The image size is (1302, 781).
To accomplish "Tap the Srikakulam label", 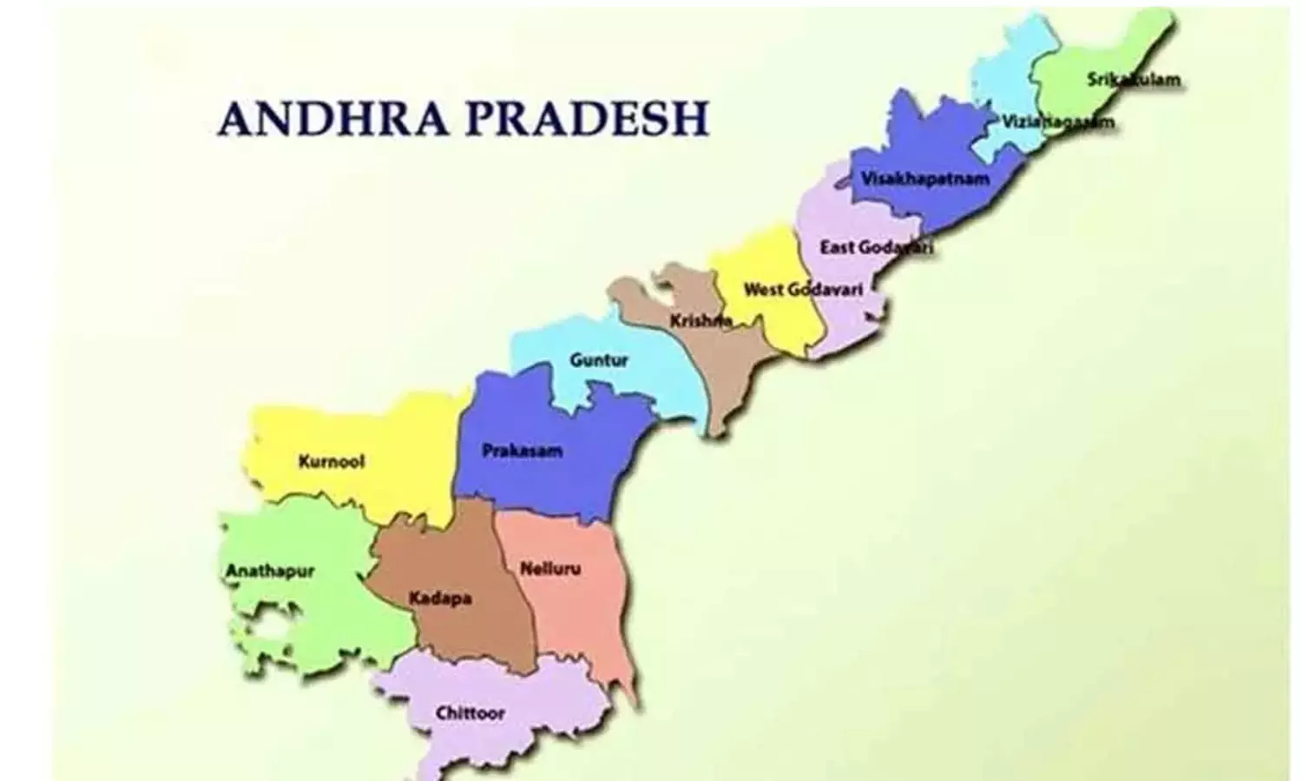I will pos(1134,80).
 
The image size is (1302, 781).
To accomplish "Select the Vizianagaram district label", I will pos(1057,122).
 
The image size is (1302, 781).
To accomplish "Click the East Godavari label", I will pos(877,247).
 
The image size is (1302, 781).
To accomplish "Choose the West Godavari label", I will pos(803,289).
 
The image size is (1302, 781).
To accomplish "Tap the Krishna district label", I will pos(700,321).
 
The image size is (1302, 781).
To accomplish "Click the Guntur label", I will pos(599,359).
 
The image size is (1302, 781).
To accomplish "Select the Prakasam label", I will pos(522,451).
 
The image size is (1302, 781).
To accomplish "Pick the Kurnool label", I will pos(331,461).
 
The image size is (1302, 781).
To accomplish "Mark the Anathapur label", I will pos(269,571).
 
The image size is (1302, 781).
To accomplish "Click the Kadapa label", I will pos(440,598).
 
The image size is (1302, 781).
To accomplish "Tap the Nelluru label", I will pos(550,570).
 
